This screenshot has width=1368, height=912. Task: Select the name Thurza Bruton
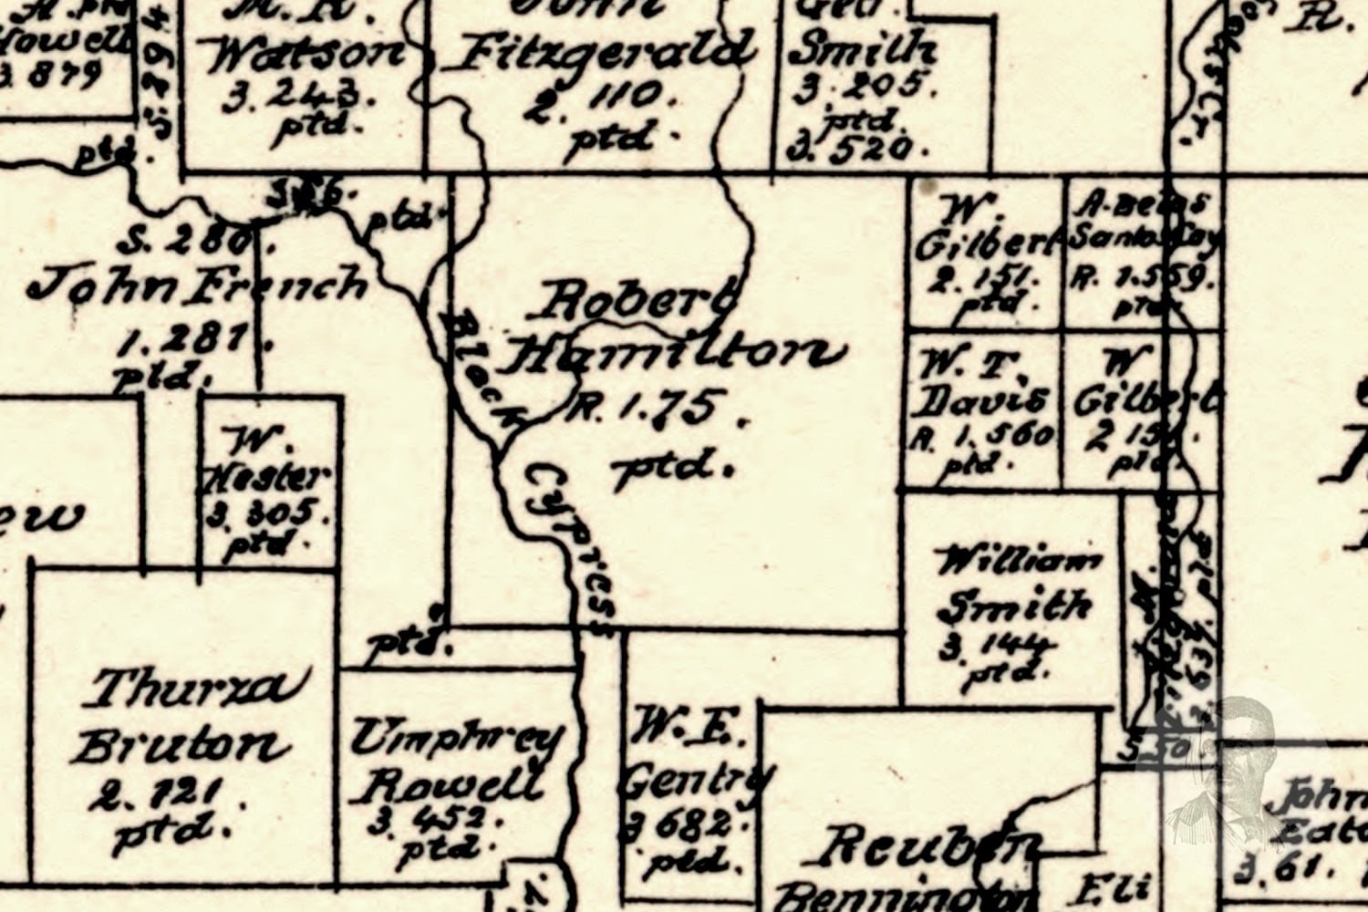click(x=187, y=717)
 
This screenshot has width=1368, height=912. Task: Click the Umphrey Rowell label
click(x=456, y=761)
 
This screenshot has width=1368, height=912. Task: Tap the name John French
click(x=196, y=285)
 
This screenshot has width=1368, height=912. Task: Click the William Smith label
click(x=1017, y=584)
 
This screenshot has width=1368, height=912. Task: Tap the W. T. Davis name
click(x=981, y=383)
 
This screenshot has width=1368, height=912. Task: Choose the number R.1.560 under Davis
click(x=981, y=436)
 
